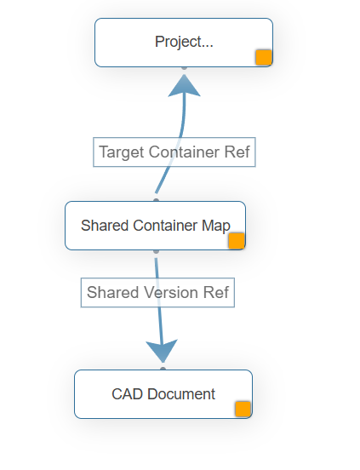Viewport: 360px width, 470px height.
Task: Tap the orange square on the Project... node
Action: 264,57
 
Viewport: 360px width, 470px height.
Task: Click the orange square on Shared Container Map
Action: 237,240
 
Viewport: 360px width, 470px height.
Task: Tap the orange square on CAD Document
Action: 243,409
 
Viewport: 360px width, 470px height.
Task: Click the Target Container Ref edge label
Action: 174,152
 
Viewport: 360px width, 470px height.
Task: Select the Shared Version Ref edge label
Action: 157,293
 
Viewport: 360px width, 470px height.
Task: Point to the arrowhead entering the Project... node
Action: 184,85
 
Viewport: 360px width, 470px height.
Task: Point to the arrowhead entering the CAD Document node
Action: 161,350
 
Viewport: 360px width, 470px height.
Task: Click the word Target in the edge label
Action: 121,152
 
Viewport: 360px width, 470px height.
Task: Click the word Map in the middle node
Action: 216,226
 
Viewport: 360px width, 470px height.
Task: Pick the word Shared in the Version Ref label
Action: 112,293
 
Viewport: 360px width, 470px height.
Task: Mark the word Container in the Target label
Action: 182,152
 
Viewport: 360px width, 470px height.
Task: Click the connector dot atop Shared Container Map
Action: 156,200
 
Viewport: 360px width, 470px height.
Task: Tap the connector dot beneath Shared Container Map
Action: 156,251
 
